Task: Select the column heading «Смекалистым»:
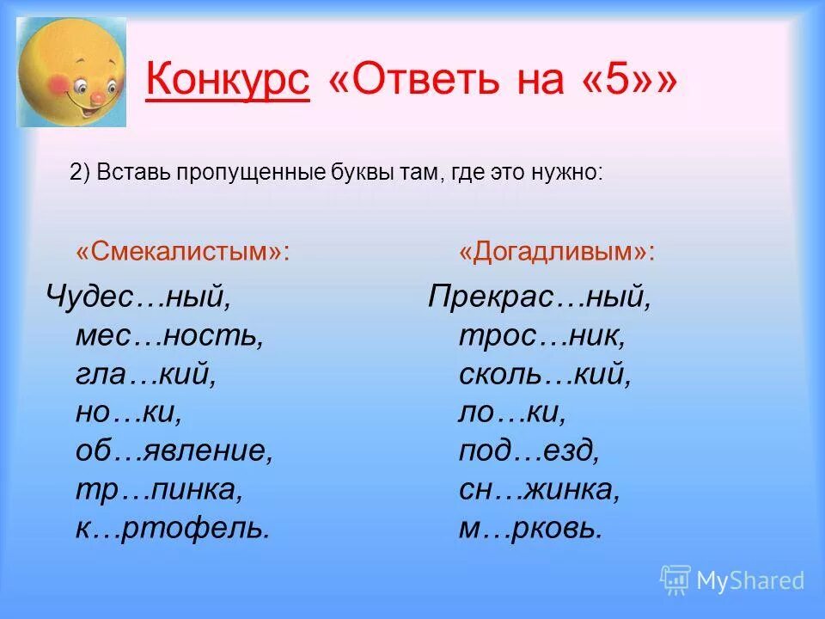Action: coord(182,252)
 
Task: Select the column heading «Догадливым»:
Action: coord(557,252)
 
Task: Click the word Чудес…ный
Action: coord(138,298)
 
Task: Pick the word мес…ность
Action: coord(169,336)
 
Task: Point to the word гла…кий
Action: coord(145,375)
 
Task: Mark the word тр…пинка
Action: coord(160,490)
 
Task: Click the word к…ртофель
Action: coord(173,528)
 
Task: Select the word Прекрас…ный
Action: coord(541,298)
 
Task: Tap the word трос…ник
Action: coord(542,336)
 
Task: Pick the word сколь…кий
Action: coord(545,375)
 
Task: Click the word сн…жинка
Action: coord(539,490)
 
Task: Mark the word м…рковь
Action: coord(530,528)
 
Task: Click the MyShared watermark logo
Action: coord(732,580)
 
